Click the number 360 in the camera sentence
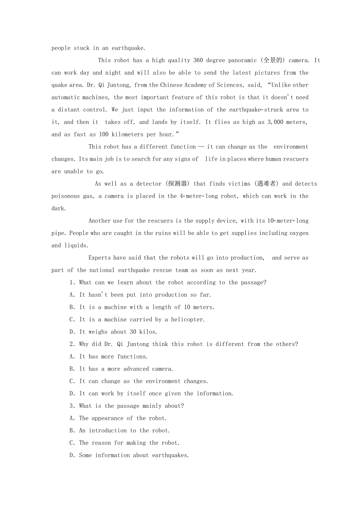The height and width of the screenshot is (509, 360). point(198,60)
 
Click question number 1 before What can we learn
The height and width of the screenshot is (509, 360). point(72,282)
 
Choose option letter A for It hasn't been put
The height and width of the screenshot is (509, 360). point(72,295)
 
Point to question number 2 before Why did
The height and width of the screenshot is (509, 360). point(72,344)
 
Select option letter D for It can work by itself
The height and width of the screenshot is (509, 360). point(72,394)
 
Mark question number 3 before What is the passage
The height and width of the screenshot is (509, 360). point(72,406)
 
